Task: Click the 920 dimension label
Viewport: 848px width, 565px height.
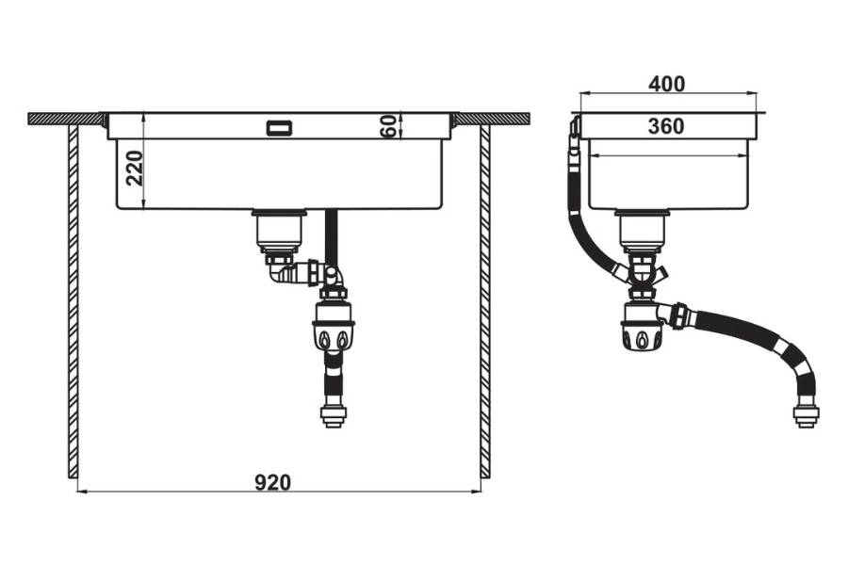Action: pyautogui.click(x=272, y=482)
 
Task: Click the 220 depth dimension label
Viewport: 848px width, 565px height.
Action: pyautogui.click(x=134, y=169)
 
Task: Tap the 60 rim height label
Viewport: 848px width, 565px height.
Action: pyautogui.click(x=388, y=126)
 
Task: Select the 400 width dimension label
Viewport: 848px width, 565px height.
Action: pyautogui.click(x=666, y=84)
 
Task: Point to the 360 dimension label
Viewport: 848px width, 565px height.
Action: pyautogui.click(x=666, y=126)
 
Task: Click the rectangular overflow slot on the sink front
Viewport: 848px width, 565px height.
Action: pyautogui.click(x=280, y=128)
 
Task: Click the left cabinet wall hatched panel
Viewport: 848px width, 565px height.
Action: pyautogui.click(x=73, y=301)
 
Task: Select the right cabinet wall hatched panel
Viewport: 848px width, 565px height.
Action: pyautogui.click(x=485, y=301)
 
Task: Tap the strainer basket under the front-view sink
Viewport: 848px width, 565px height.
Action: pyautogui.click(x=279, y=232)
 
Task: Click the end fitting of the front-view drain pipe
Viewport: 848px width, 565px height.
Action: pyautogui.click(x=334, y=415)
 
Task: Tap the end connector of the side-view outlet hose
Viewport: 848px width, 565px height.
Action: pyautogui.click(x=806, y=415)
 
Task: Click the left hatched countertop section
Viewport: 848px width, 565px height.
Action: pyautogui.click(x=65, y=119)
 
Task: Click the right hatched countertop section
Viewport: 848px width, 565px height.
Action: pyautogui.click(x=492, y=119)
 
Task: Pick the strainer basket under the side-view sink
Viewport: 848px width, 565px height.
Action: pyautogui.click(x=642, y=232)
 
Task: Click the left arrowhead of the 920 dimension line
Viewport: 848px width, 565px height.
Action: pyautogui.click(x=82, y=492)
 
